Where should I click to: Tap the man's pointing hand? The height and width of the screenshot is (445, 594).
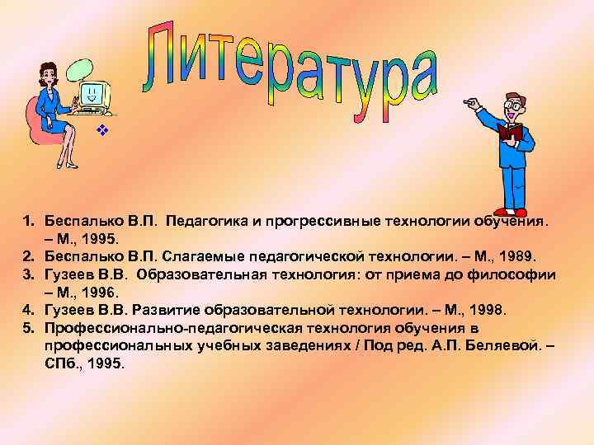pyautogui.click(x=473, y=105)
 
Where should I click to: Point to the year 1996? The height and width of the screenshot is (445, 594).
pyautogui.click(x=102, y=292)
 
